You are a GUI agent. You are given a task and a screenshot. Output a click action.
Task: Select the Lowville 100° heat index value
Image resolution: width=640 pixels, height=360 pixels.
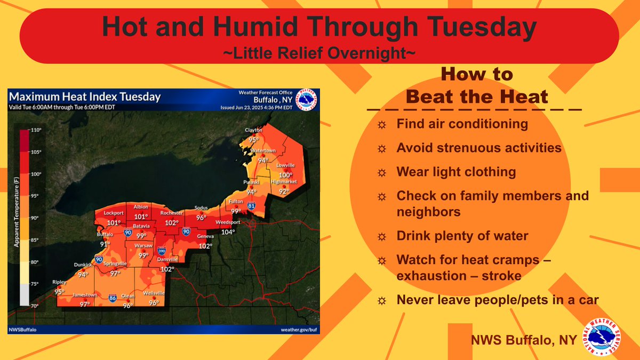click(286, 175)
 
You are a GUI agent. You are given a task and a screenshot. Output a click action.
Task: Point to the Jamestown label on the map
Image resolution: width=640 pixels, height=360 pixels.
click(85, 295)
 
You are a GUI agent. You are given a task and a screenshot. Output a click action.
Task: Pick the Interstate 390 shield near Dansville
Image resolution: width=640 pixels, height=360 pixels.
click(161, 250)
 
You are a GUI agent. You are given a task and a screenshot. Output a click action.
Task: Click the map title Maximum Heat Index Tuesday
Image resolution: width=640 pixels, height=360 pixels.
click(85, 97)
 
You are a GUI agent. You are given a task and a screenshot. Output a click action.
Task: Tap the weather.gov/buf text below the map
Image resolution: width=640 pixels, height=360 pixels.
click(298, 330)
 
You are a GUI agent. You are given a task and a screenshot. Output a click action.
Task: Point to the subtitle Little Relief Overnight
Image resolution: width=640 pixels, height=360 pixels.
click(319, 53)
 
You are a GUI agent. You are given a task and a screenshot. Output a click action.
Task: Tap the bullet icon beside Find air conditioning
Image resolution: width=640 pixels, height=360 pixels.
click(381, 125)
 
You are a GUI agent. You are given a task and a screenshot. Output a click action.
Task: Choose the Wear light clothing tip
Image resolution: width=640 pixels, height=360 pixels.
click(456, 172)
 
